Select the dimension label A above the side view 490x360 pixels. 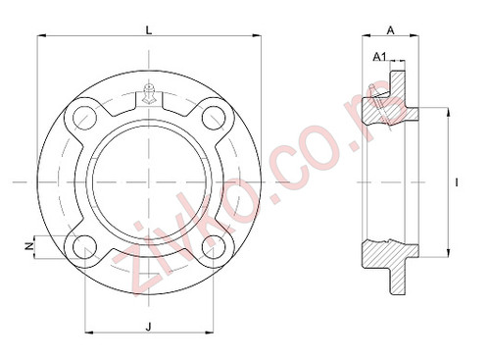pyautogui.click(x=390, y=30)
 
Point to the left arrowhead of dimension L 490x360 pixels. pyautogui.click(x=40, y=37)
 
